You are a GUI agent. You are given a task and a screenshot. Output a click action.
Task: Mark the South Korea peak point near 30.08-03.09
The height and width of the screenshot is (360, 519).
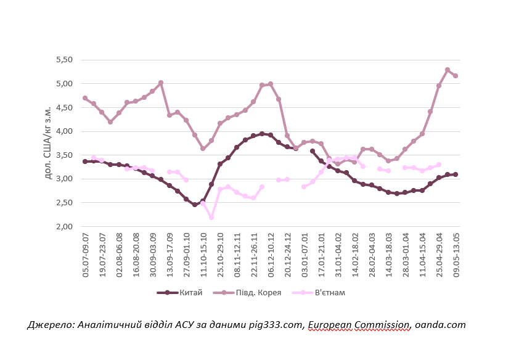point(161,83)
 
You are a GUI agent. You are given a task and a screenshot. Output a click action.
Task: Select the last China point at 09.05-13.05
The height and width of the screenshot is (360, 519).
point(456,174)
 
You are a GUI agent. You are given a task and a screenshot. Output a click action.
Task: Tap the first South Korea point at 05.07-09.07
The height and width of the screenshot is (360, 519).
point(85,98)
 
